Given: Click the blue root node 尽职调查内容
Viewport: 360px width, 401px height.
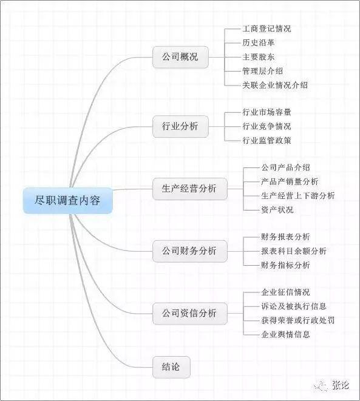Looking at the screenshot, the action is [x=68, y=200].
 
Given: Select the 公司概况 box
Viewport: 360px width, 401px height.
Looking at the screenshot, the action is [x=180, y=57].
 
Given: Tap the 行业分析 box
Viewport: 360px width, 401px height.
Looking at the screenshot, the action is [x=180, y=126].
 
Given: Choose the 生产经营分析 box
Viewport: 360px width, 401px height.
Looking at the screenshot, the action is [x=190, y=189].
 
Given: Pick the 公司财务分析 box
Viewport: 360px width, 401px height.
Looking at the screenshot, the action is [x=190, y=251].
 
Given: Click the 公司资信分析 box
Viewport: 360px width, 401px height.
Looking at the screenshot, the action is [x=190, y=313].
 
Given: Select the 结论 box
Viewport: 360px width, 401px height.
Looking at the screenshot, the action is [x=171, y=367].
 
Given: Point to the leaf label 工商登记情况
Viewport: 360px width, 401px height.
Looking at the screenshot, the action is [x=267, y=29].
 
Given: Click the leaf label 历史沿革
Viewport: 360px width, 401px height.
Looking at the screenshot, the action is [x=259, y=42].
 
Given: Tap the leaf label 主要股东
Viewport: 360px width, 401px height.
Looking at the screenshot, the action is [x=259, y=57].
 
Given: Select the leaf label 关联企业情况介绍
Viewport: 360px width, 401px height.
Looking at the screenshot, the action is [x=275, y=85].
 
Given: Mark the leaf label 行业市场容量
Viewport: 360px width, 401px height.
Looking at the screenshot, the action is [x=267, y=112].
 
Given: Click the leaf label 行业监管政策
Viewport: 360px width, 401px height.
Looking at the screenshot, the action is [x=267, y=140].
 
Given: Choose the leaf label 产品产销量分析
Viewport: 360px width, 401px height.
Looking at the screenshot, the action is [x=290, y=181].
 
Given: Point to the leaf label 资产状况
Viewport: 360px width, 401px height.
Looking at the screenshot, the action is [x=277, y=210].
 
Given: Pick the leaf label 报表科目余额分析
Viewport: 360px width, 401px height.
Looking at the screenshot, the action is [x=294, y=251].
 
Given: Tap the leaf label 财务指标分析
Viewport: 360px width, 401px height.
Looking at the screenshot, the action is [x=285, y=265].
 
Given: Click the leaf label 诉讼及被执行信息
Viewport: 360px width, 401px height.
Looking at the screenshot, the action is [x=294, y=306].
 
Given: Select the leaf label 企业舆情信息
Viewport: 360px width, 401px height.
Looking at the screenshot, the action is [x=285, y=334].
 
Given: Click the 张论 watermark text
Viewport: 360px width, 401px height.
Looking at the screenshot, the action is [x=341, y=385].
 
